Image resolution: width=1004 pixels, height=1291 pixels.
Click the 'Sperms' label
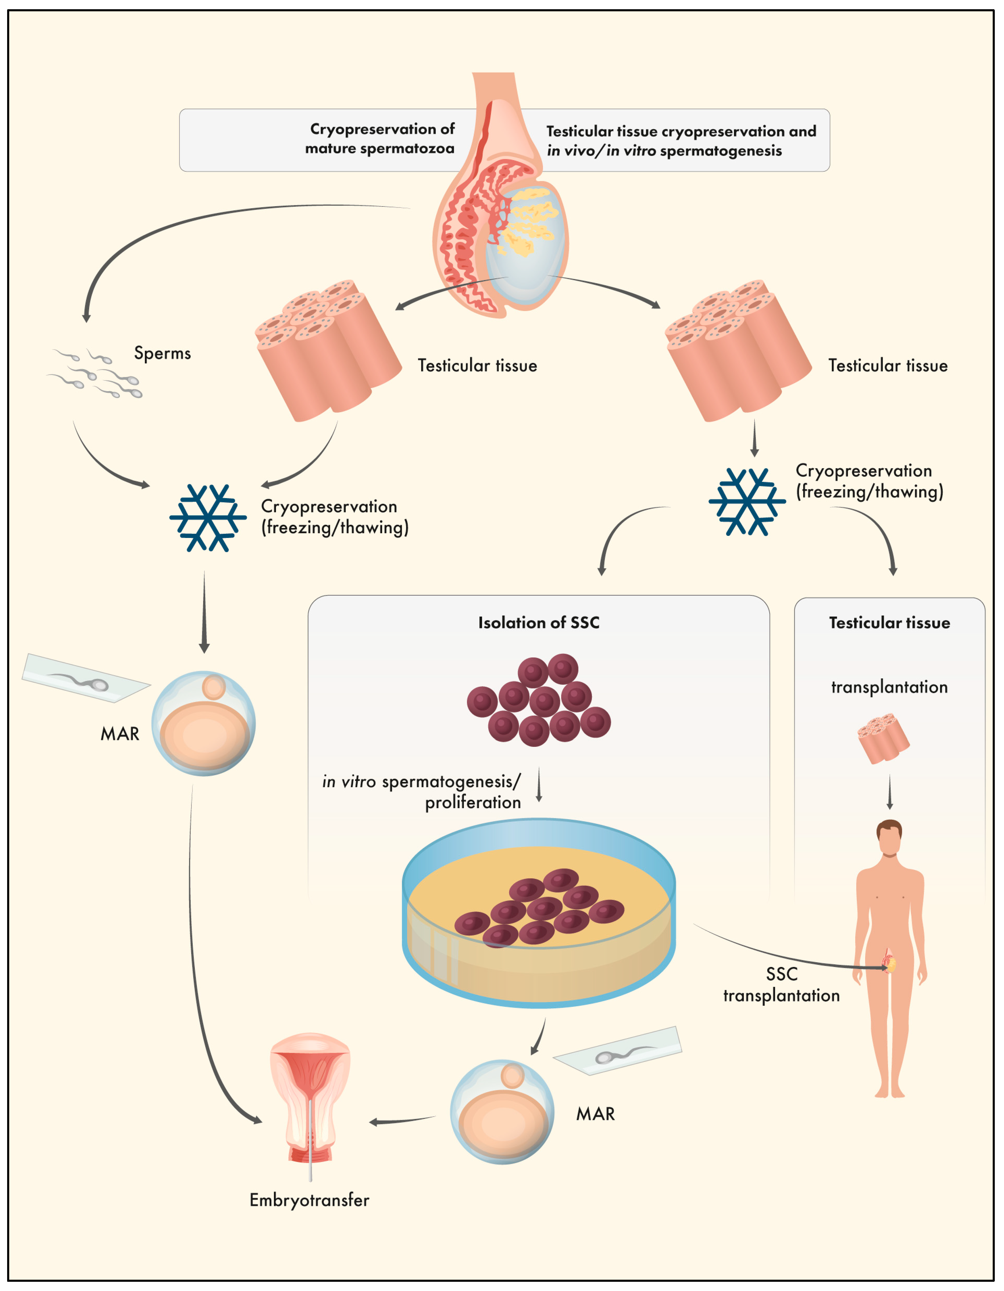point(162,353)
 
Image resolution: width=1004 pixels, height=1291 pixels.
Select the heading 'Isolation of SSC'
point(538,622)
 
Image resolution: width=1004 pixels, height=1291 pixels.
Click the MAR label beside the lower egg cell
point(595,1114)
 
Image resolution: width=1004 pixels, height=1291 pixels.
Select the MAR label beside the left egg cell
point(120,734)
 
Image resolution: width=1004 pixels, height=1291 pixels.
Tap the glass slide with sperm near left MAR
point(86,679)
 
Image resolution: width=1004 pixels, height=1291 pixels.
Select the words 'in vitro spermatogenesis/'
point(421,781)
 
